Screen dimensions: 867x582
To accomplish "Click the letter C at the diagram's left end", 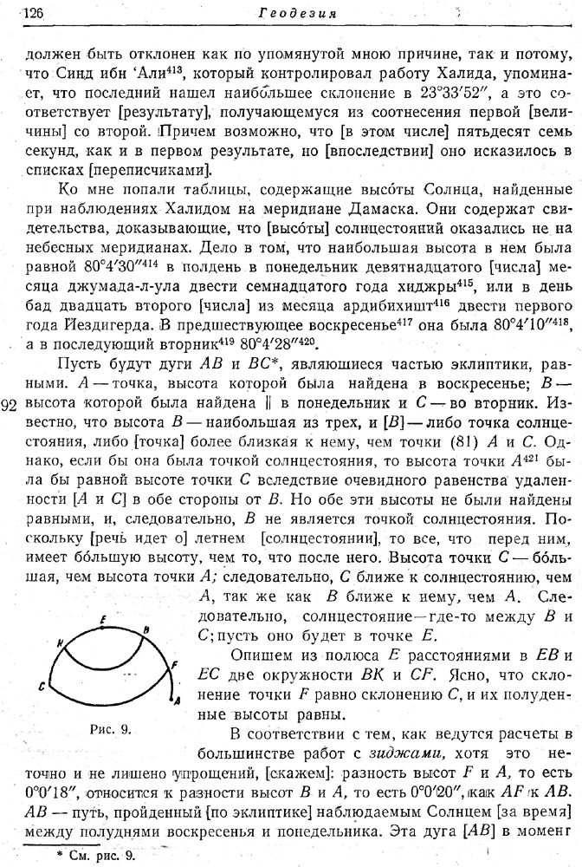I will pyautogui.click(x=42, y=684).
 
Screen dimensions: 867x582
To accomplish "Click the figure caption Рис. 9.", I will pyautogui.click(x=111, y=728).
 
